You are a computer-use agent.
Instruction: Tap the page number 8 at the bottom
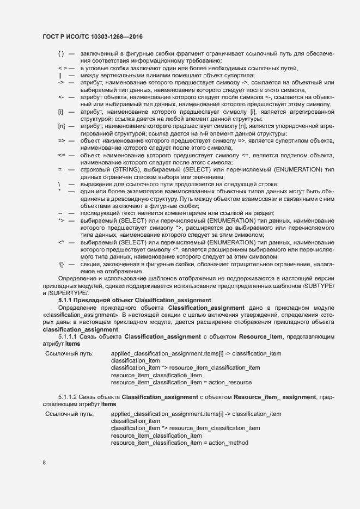(44, 463)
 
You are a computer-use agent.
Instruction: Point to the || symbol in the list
(60, 75)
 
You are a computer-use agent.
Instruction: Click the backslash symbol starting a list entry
(59, 184)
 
